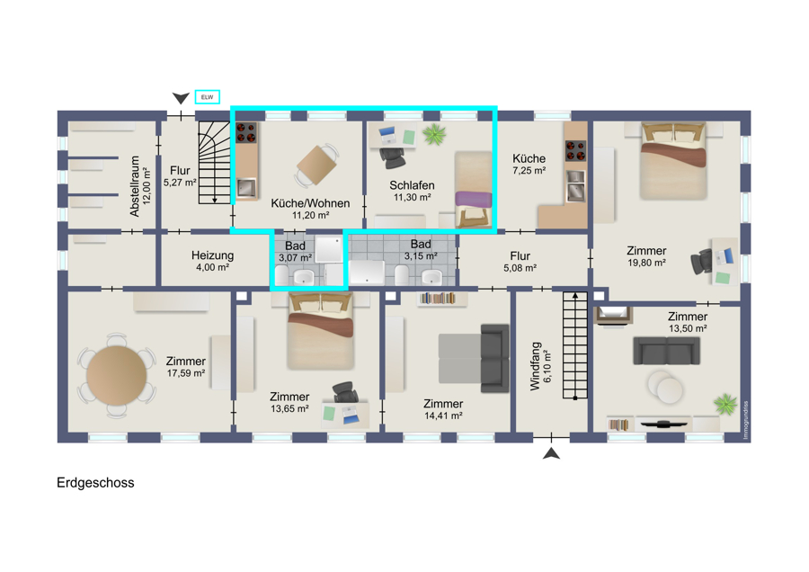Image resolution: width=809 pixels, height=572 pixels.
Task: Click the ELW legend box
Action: [x=208, y=97]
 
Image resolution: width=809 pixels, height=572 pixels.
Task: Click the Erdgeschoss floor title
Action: [x=95, y=483]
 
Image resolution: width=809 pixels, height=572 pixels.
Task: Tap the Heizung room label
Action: [x=212, y=255]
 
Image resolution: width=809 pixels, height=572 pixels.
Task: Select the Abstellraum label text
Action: [x=135, y=186]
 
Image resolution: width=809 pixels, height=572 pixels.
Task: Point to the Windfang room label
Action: [x=535, y=366]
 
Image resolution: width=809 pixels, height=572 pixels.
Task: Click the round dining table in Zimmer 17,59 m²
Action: [x=117, y=376]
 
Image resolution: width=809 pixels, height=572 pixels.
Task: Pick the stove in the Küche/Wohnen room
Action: [x=246, y=132]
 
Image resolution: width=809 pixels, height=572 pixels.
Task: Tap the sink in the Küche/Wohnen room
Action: [x=246, y=188]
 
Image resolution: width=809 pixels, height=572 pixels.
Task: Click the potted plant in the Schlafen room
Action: [x=434, y=134]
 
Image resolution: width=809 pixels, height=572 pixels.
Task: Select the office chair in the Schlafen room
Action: [x=393, y=157]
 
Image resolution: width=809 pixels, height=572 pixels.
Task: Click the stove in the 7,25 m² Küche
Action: [x=575, y=151]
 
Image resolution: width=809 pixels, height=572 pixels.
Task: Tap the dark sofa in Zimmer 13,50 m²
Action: [x=667, y=351]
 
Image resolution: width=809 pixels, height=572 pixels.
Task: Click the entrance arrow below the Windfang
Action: [x=552, y=453]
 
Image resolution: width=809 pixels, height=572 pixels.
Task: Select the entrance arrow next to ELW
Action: [x=181, y=98]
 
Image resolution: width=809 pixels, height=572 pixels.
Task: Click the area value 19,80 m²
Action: [x=646, y=263]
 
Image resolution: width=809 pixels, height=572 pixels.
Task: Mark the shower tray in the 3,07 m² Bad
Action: [x=329, y=249]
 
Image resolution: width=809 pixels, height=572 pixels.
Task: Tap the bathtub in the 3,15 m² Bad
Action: [x=367, y=273]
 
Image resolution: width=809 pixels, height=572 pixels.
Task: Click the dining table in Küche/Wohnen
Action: [x=316, y=165]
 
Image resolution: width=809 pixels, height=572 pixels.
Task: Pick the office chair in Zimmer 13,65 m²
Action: [x=345, y=393]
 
